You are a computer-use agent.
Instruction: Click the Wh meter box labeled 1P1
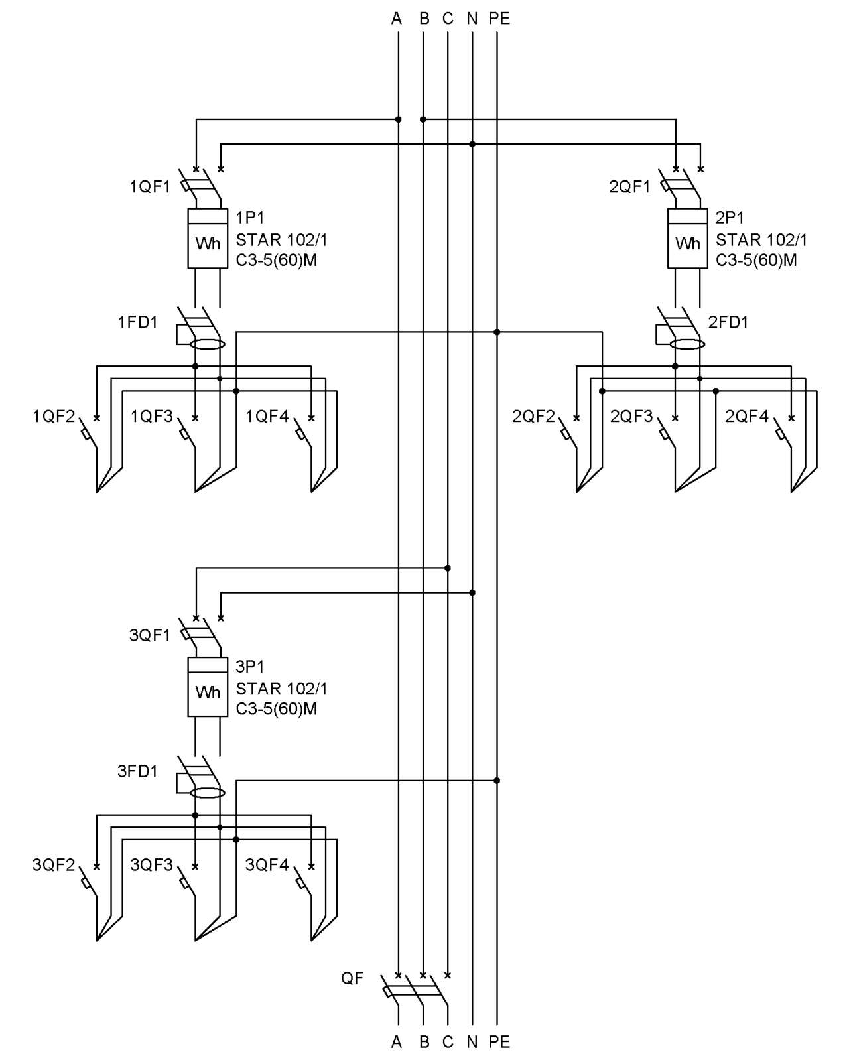(x=207, y=239)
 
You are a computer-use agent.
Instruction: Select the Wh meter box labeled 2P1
(x=687, y=239)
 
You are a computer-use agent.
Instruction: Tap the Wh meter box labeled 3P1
(x=207, y=687)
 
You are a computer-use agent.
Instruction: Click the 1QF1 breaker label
(x=150, y=186)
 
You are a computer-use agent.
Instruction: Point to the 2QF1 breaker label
(x=629, y=186)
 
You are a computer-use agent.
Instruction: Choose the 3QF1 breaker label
(x=150, y=635)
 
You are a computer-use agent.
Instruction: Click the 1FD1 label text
(x=138, y=322)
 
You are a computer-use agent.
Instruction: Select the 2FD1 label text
(x=728, y=322)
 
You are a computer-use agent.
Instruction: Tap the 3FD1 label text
(x=138, y=771)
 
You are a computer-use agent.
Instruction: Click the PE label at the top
(x=499, y=19)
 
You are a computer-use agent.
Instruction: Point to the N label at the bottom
(x=472, y=1042)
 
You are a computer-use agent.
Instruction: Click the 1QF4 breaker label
(x=267, y=417)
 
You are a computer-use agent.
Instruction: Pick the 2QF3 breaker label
(x=631, y=417)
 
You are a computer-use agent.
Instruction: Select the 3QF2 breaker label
(x=54, y=865)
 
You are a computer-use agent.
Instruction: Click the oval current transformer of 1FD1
(x=208, y=344)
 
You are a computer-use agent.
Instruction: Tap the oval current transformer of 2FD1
(x=687, y=344)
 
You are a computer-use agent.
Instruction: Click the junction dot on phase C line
(x=447, y=568)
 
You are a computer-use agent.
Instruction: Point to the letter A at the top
(x=397, y=19)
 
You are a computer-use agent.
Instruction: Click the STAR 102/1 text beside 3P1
(x=281, y=689)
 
